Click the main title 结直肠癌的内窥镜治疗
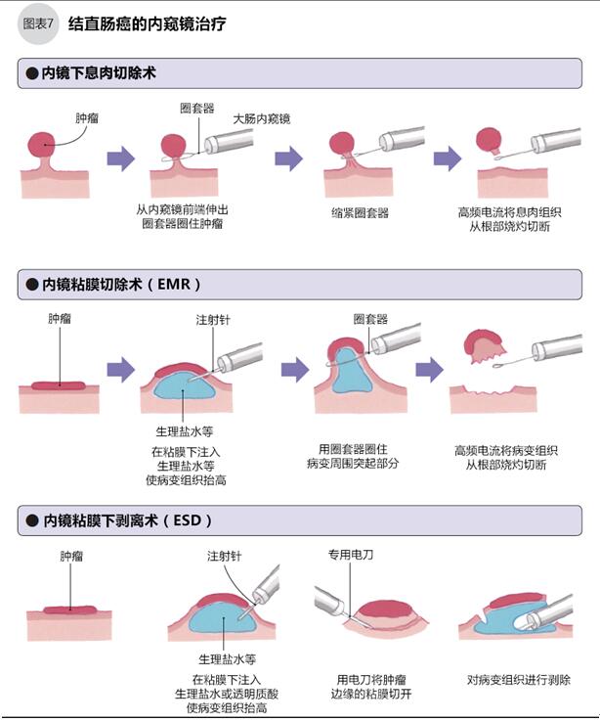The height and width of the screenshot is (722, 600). [x=148, y=24]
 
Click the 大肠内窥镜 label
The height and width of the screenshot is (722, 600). [x=261, y=118]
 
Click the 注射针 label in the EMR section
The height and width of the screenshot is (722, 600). [x=213, y=320]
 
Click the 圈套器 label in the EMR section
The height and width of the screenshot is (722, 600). [x=370, y=319]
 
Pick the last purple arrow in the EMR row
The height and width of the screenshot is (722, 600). [x=429, y=369]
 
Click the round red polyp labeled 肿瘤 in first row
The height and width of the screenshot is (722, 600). [x=47, y=147]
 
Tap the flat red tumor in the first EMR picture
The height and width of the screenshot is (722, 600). [x=59, y=384]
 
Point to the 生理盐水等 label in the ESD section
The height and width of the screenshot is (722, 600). [x=227, y=658]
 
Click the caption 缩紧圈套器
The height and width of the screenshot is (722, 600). [x=361, y=212]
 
